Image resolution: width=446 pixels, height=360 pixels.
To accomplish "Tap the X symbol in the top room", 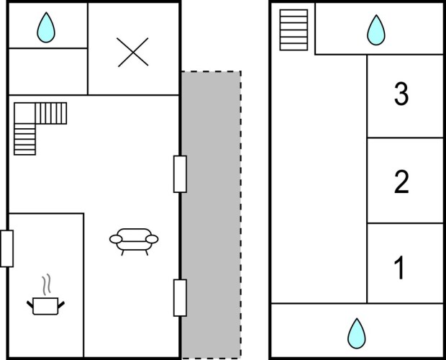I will [132, 52].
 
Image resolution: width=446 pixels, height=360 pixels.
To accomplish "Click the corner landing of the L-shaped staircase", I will [24, 113].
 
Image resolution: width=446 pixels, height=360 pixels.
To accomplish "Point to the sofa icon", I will [134, 240].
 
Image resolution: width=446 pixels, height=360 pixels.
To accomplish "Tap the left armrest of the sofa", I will [115, 239].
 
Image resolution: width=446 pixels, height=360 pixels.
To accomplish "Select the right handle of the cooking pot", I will [63, 305].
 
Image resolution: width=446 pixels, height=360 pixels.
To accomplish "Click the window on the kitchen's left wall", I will [7, 248].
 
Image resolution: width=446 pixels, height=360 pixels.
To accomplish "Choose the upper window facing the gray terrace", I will [180, 174].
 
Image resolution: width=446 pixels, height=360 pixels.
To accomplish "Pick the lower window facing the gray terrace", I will [180, 297].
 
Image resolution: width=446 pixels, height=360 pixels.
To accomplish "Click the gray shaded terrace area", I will [211, 216].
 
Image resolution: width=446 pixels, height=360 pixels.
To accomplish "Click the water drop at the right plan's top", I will [376, 30].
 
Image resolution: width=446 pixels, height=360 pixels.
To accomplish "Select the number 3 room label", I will [401, 95].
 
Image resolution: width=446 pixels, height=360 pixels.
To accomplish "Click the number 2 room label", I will [401, 181].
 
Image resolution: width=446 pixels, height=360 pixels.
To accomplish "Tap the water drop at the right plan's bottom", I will [356, 333].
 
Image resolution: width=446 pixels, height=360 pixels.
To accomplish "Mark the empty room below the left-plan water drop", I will [47, 71].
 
